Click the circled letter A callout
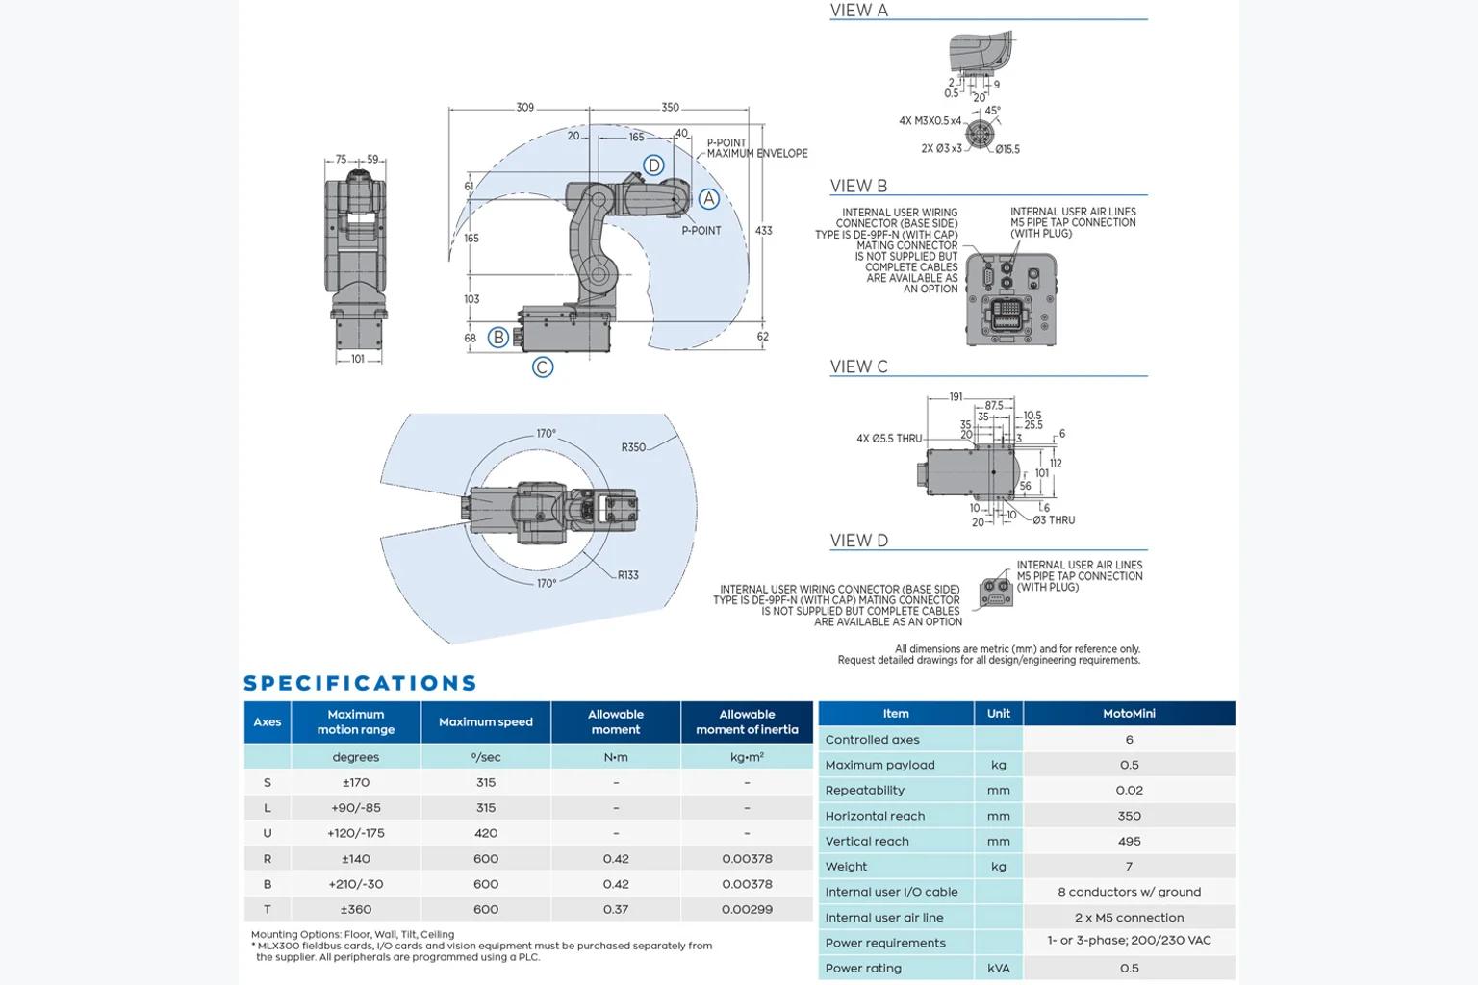pos(708,198)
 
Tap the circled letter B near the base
pos(498,337)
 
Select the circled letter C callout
pos(543,366)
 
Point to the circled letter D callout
pos(653,164)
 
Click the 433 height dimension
pos(763,230)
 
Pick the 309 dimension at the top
pos(525,107)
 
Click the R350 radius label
pos(633,447)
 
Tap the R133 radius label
pos(628,575)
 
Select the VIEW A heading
pos(859,10)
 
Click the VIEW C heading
pos(859,366)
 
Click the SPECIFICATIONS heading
pos(360,683)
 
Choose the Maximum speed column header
pos(486,721)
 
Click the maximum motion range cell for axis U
pos(356,833)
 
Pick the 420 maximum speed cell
pos(486,833)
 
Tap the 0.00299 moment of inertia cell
pos(747,909)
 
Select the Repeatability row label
pos(864,791)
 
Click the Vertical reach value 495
pos(1129,841)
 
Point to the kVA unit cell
pos(998,968)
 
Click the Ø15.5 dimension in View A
pos(1007,150)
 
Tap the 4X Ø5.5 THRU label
pos(889,438)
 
